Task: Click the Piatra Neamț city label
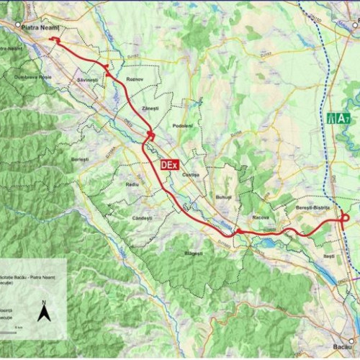(40, 27)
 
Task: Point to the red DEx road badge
(169, 164)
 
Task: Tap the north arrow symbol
(43, 311)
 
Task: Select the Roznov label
(135, 78)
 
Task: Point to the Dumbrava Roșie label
(30, 77)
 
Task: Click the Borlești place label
(80, 159)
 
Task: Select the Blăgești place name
(194, 253)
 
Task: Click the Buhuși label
(223, 197)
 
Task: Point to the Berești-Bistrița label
(312, 207)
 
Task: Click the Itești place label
(329, 256)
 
